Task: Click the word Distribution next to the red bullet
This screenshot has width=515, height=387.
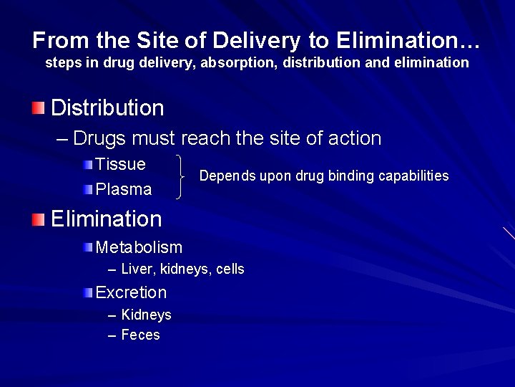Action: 107,108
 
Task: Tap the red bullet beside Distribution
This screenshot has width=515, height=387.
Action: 38,108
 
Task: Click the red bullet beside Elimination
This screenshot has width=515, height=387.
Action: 38,218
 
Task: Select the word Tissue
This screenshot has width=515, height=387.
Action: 120,164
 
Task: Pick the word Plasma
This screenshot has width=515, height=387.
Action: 124,190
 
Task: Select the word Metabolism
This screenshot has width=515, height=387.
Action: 139,247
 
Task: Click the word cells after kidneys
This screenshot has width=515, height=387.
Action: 229,269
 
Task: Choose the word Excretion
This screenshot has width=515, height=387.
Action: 131,292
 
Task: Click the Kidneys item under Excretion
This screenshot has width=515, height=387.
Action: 147,315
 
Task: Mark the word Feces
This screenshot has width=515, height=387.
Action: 141,335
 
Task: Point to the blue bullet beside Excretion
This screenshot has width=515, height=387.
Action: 87,292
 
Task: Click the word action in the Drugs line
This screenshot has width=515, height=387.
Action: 352,138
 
